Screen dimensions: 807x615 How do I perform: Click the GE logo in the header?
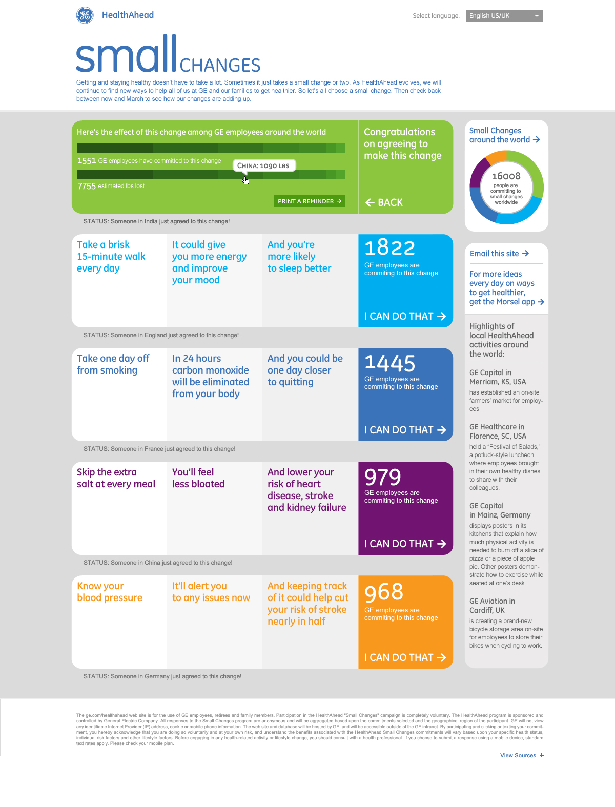(85, 15)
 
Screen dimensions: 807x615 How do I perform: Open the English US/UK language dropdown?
(504, 16)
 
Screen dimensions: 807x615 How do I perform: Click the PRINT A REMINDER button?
(310, 201)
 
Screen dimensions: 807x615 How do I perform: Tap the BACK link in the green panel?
(384, 202)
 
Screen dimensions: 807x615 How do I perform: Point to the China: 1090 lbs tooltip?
(263, 165)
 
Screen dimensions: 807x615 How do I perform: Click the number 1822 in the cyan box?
(389, 248)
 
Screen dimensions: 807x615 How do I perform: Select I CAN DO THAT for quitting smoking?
(405, 430)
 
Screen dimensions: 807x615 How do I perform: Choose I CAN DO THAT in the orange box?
(405, 657)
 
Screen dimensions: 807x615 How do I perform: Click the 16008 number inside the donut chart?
(506, 176)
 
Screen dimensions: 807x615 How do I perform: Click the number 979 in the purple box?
(383, 477)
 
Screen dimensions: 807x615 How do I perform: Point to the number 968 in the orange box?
(384, 592)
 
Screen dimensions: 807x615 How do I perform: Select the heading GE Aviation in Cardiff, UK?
(492, 606)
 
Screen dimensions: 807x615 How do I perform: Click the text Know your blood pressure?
(110, 592)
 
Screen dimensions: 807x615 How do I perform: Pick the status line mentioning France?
(159, 449)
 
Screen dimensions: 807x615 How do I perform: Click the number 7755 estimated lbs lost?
(87, 186)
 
